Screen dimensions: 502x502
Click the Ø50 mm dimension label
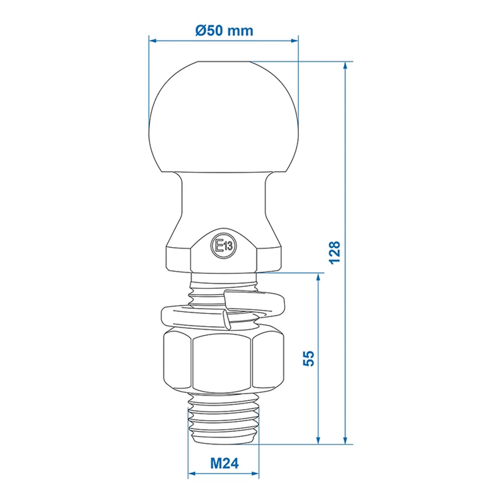(224, 31)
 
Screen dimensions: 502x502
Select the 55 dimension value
(309, 359)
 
